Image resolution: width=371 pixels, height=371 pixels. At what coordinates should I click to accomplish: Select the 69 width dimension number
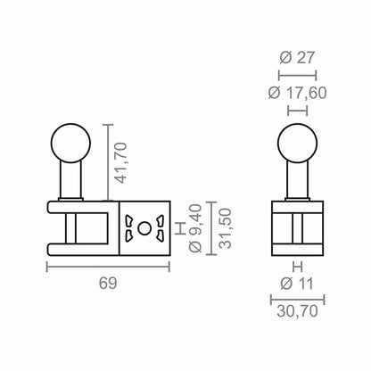click(x=107, y=283)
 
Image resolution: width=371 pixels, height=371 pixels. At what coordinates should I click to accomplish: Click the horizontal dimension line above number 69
click(x=107, y=267)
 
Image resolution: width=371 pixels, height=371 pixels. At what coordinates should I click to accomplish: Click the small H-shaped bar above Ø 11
click(x=295, y=266)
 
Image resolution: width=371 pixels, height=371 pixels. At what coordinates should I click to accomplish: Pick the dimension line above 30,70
click(x=295, y=300)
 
